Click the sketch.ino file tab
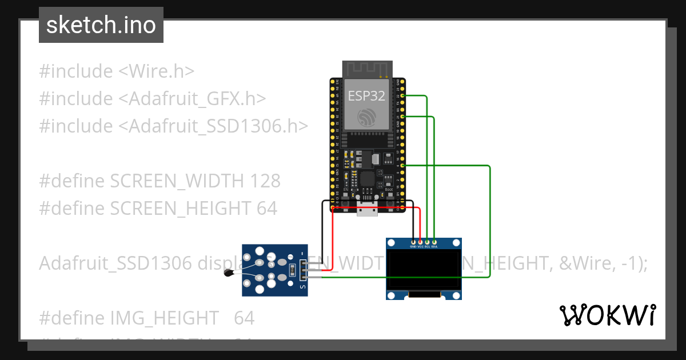101,25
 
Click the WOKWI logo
607,315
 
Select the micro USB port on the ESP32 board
367,210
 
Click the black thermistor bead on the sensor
229,273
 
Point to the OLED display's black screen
424,269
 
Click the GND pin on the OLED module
413,242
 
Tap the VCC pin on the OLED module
420,242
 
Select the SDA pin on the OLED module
434,242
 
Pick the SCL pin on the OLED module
427,242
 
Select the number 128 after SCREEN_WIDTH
265,181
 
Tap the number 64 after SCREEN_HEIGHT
267,209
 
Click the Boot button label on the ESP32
389,189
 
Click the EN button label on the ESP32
345,189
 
